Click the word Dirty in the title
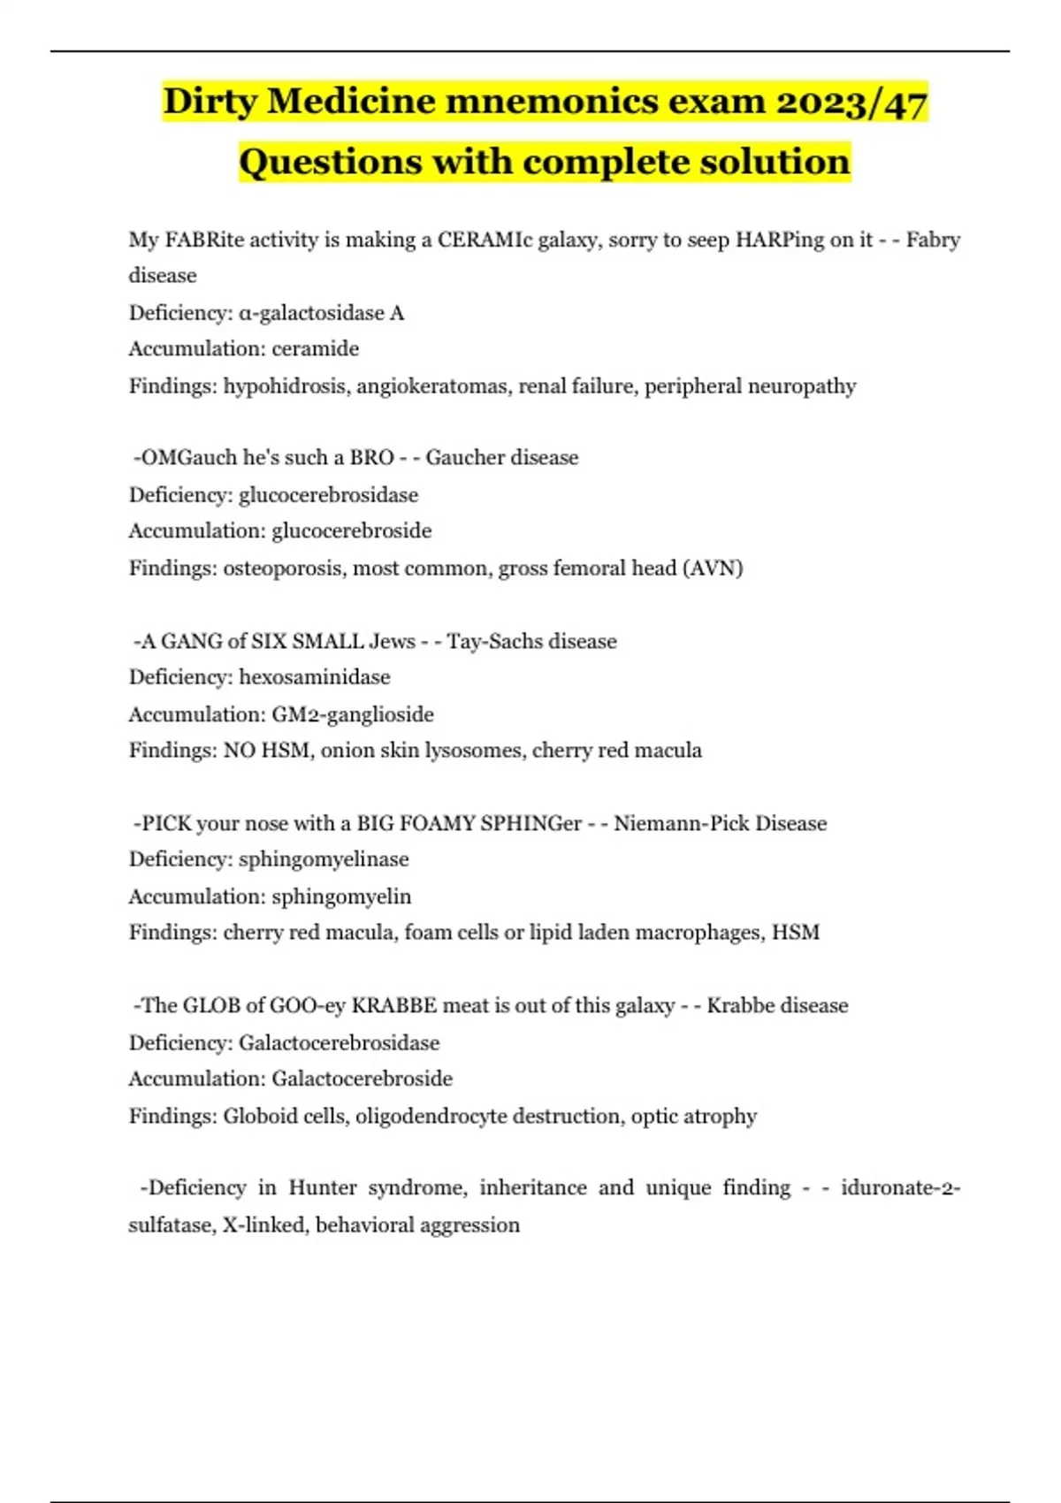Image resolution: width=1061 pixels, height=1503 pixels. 210,102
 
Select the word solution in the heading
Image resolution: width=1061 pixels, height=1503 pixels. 775,162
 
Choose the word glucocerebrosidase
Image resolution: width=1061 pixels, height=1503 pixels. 328,495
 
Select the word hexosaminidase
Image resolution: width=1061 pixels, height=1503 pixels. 314,677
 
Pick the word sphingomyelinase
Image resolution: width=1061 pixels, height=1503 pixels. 324,859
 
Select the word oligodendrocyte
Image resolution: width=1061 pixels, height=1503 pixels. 431,1116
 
